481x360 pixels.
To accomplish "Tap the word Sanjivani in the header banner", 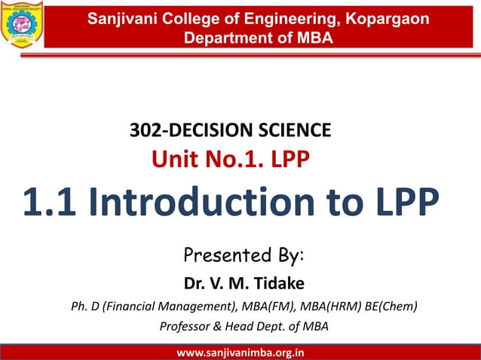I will (121, 18).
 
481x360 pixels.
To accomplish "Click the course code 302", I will (145, 131).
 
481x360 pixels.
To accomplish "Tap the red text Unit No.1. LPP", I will (230, 159).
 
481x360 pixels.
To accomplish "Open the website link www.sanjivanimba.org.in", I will (240, 352).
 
